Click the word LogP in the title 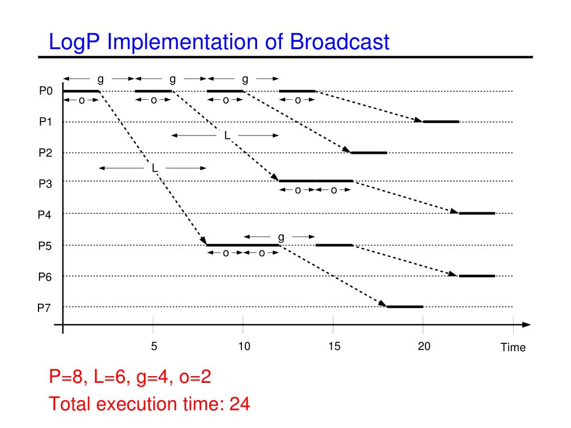(74, 42)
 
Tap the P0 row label (46, 91)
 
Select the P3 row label (46, 182)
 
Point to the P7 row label (46, 307)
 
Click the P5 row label (46, 245)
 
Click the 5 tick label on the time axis (154, 347)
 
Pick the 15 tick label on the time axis (334, 347)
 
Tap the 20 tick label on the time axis (424, 347)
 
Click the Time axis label (513, 348)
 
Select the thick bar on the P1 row (441, 121)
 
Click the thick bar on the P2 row (369, 152)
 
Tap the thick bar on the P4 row (477, 213)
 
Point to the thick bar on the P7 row (405, 307)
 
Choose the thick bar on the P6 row (477, 276)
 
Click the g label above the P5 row (281, 236)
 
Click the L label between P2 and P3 (154, 168)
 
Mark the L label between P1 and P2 (227, 135)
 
